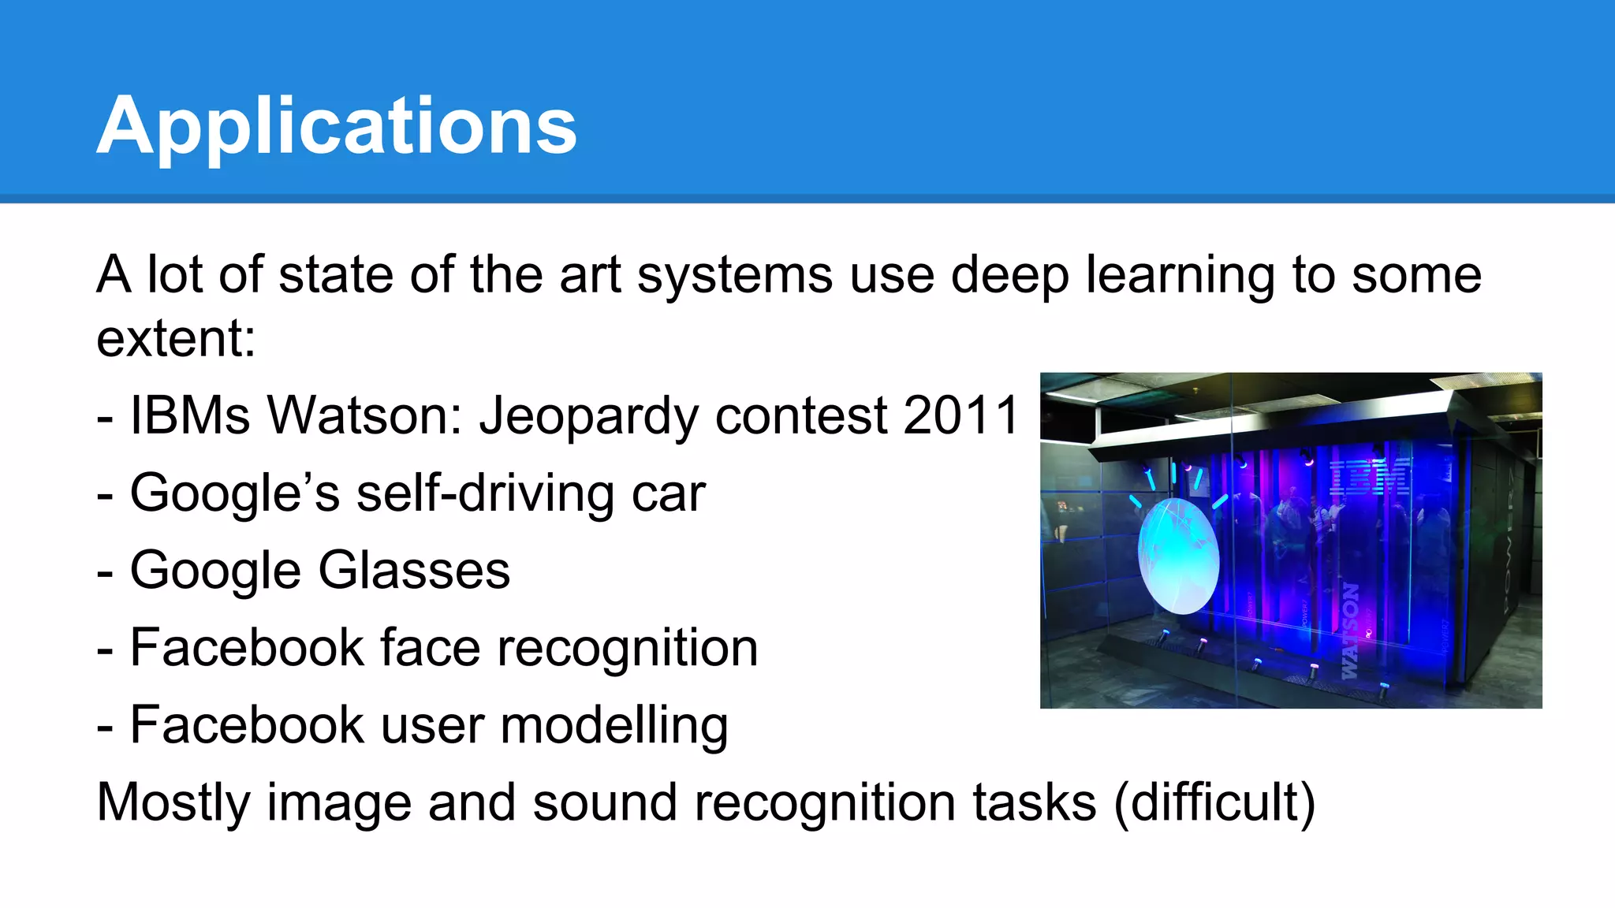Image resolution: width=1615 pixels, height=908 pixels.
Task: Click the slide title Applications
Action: tap(337, 126)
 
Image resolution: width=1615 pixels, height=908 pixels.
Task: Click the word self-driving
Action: tap(484, 494)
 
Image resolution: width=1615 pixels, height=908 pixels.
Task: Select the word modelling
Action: tap(614, 726)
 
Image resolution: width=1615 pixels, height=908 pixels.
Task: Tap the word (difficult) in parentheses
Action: tap(1214, 803)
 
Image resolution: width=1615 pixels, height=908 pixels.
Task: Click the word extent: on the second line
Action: tap(176, 339)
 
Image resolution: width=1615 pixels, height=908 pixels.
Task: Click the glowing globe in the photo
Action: tap(1178, 557)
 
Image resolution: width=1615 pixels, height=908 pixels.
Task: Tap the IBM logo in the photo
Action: tap(1371, 476)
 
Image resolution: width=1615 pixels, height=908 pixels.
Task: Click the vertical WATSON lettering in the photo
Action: tap(1350, 631)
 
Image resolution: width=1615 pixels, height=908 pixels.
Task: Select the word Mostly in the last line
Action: tap(173, 803)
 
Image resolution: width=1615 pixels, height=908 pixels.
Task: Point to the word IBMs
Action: tap(190, 415)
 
